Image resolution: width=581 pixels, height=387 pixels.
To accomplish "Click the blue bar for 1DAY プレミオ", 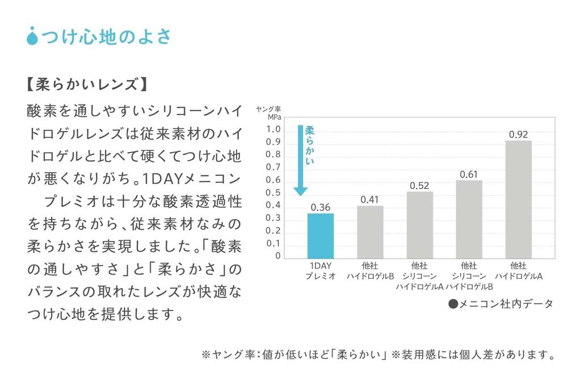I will (320, 235).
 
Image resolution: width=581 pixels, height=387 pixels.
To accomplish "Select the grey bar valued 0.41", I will (370, 232).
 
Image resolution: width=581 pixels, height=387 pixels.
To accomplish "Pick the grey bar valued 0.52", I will (419, 224).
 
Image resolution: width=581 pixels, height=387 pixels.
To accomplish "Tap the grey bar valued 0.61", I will (469, 218).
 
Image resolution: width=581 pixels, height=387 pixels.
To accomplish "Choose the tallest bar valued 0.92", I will (518, 199).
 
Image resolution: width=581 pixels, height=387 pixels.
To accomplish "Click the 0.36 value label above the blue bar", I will (321, 207).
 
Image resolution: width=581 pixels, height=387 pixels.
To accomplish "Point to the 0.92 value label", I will (518, 134).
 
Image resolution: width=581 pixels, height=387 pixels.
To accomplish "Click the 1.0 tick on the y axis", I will (273, 129).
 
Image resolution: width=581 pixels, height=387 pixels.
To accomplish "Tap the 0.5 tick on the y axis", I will (273, 192).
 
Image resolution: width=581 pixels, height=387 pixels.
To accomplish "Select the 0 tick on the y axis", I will (278, 256).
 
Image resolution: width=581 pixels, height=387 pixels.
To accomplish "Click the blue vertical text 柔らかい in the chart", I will (310, 146).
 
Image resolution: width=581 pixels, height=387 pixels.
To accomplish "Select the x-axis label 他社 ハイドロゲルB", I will (370, 271).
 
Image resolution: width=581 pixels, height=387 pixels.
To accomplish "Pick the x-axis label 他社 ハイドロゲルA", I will (518, 271).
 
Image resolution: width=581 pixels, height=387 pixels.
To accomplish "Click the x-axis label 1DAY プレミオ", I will (321, 271).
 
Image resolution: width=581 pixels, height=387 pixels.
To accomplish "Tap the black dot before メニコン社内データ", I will (453, 304).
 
